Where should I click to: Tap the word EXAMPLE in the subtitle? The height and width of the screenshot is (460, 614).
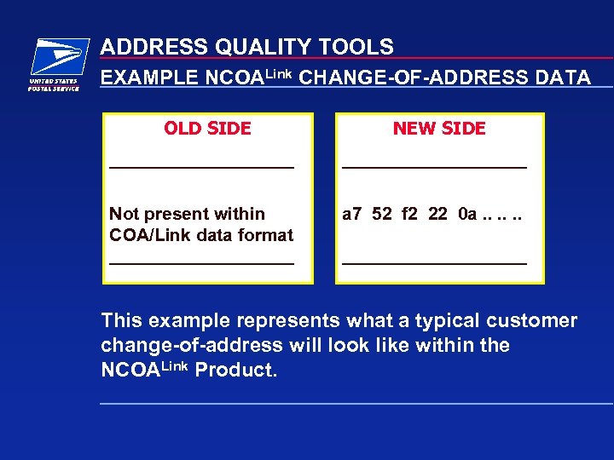150,78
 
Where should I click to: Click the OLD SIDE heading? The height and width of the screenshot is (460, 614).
207,129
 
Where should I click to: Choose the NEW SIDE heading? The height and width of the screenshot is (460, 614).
439,129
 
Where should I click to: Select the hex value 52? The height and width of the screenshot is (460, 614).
383,214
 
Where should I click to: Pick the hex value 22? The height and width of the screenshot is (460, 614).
437,214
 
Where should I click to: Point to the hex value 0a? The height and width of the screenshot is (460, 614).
467,214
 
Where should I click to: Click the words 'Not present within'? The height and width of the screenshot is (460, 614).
187,214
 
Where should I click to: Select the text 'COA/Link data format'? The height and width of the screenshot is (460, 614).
201,235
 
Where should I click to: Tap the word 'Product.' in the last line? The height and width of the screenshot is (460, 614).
236,371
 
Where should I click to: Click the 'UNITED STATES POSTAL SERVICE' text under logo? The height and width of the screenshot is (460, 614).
54,85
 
